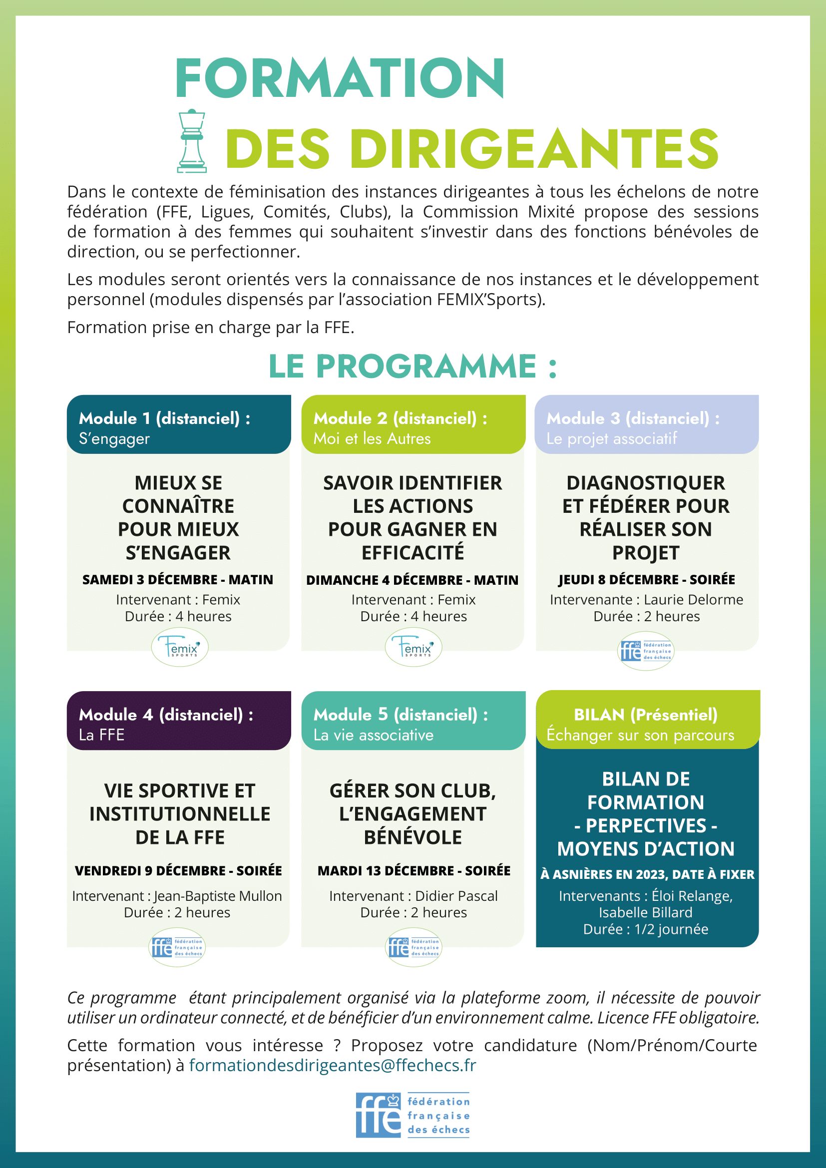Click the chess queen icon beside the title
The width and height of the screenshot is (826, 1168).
(x=192, y=141)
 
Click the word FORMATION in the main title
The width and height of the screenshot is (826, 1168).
(x=339, y=78)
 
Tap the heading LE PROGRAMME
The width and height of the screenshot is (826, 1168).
(x=413, y=366)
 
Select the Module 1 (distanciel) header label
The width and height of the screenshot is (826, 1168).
(x=164, y=418)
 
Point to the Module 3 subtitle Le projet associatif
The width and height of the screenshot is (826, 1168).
(x=611, y=438)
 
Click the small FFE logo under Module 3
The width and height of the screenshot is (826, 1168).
(x=645, y=651)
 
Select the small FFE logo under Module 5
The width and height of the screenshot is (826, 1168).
(x=413, y=947)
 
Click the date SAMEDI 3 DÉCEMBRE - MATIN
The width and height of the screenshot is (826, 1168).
(x=178, y=579)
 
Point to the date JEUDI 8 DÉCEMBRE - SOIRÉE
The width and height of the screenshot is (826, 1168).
(x=646, y=579)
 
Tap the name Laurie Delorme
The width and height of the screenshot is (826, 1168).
(x=693, y=600)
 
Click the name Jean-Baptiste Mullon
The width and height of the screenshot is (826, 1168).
(x=218, y=896)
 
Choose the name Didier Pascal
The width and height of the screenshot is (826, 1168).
(x=456, y=896)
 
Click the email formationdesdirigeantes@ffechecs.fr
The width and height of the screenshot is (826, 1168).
(x=333, y=1065)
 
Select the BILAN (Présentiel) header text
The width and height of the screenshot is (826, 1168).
(x=645, y=715)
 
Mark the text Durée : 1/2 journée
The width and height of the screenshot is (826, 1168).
(x=645, y=929)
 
